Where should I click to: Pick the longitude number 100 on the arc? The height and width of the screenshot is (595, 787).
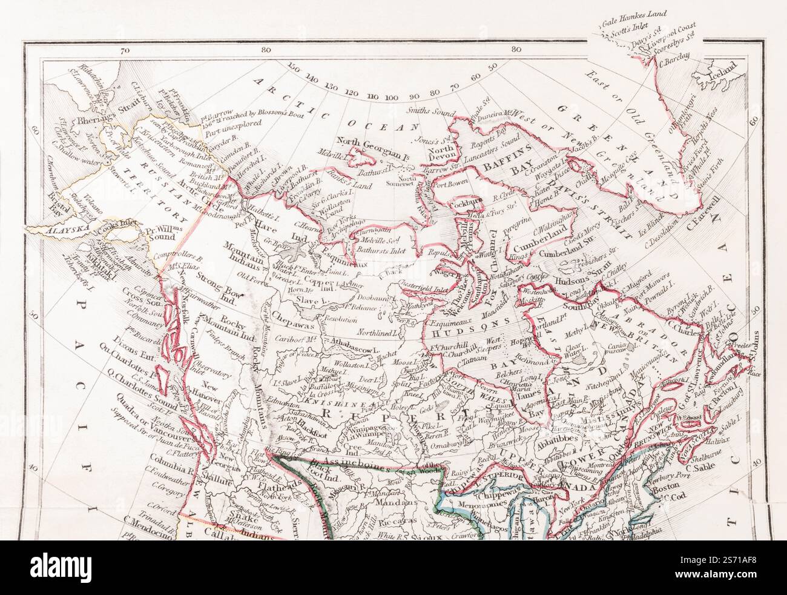391,98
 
